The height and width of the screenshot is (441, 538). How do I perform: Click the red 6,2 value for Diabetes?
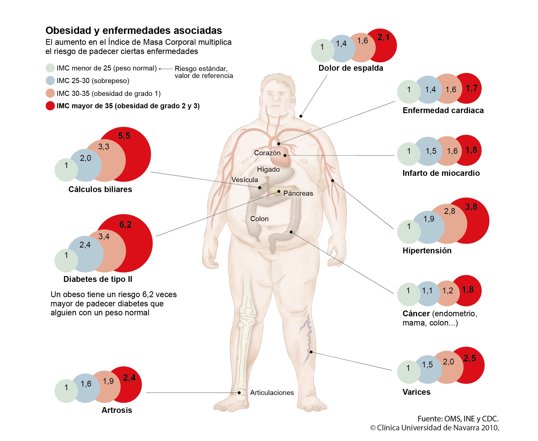125,224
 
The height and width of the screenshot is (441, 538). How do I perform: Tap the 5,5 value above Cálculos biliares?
124,136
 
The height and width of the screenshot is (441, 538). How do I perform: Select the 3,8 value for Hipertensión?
471,207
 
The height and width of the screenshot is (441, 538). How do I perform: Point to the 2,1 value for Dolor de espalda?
383,37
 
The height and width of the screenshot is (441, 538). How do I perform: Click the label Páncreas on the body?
298,193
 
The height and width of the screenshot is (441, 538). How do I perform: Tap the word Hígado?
268,170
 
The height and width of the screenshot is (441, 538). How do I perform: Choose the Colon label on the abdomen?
259,219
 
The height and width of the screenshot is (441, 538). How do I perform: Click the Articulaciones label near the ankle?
272,393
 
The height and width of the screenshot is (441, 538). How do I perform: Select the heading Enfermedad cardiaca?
443,110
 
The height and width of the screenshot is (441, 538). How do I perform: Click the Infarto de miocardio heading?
441,173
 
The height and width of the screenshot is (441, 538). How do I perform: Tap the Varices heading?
417,392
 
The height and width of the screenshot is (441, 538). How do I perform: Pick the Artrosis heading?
117,410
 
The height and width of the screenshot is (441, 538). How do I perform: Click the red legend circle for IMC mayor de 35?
50,106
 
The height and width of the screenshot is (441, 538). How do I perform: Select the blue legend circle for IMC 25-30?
50,81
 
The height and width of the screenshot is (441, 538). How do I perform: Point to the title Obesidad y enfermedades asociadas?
134,31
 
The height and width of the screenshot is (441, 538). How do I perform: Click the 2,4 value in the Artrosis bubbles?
129,378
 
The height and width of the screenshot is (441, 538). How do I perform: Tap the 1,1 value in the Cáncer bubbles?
427,291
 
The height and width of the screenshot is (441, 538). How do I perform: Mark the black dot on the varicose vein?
311,352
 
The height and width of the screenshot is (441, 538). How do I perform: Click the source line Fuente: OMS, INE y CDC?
458,419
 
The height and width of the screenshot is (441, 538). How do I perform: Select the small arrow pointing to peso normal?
166,69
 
